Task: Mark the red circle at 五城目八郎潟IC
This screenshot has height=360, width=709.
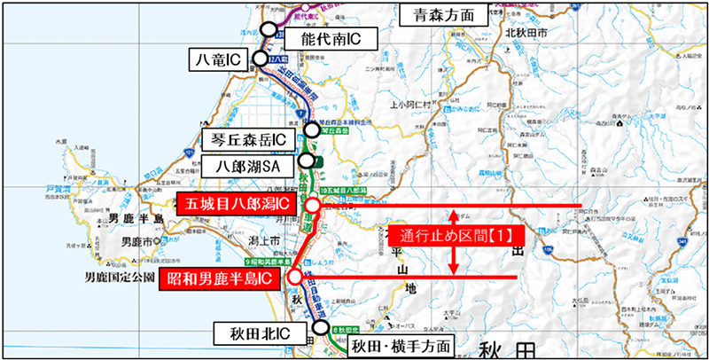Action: tap(312, 207)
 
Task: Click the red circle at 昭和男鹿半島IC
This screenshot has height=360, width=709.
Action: tap(293, 277)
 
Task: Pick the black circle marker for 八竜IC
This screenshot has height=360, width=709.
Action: tap(259, 59)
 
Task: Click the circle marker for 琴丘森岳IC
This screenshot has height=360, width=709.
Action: tap(312, 130)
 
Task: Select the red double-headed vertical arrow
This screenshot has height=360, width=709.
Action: tap(453, 241)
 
